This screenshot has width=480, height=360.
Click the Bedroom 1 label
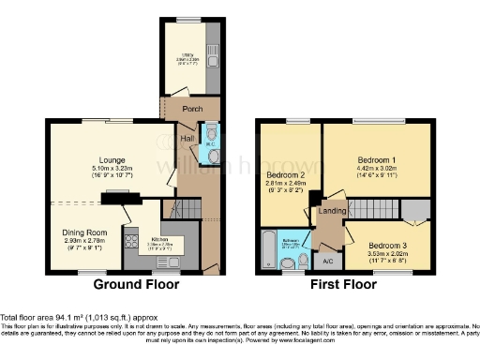(x=364, y=159)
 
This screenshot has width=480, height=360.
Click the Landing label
(x=332, y=211)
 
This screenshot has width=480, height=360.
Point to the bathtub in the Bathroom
(x=268, y=247)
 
